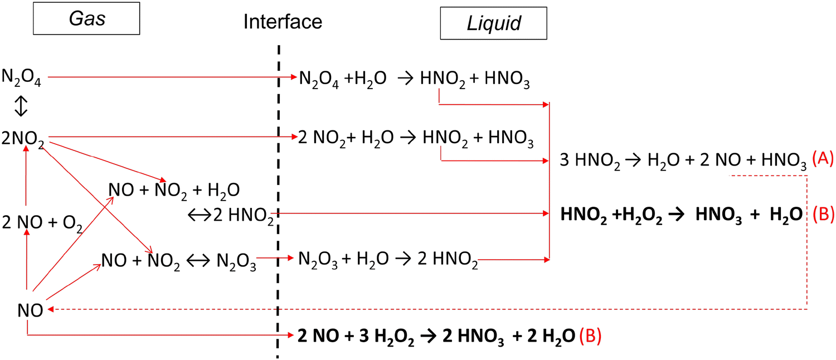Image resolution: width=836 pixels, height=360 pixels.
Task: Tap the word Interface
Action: tap(283, 22)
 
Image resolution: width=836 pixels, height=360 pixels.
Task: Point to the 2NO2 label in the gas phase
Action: tap(24, 138)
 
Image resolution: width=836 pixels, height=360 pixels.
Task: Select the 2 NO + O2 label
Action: tap(42, 222)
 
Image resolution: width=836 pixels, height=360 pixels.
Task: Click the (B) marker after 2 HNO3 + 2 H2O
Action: tap(591, 337)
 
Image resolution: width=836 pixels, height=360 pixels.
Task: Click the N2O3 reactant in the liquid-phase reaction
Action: tap(318, 260)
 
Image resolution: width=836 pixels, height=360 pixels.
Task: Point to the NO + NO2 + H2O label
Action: tap(174, 191)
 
